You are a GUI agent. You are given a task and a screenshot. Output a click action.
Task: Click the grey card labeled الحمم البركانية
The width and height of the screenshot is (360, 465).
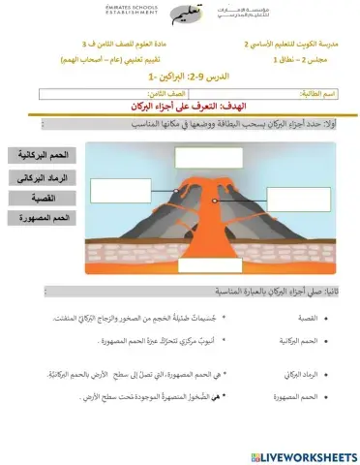click(40, 156)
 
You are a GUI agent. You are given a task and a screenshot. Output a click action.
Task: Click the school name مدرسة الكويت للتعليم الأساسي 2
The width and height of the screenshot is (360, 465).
click(289, 45)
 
